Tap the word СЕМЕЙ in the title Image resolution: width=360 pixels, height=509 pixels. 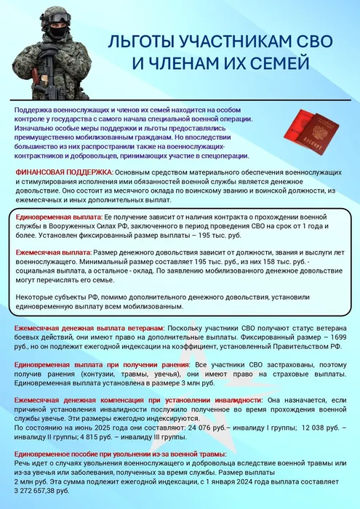(x=279, y=64)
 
